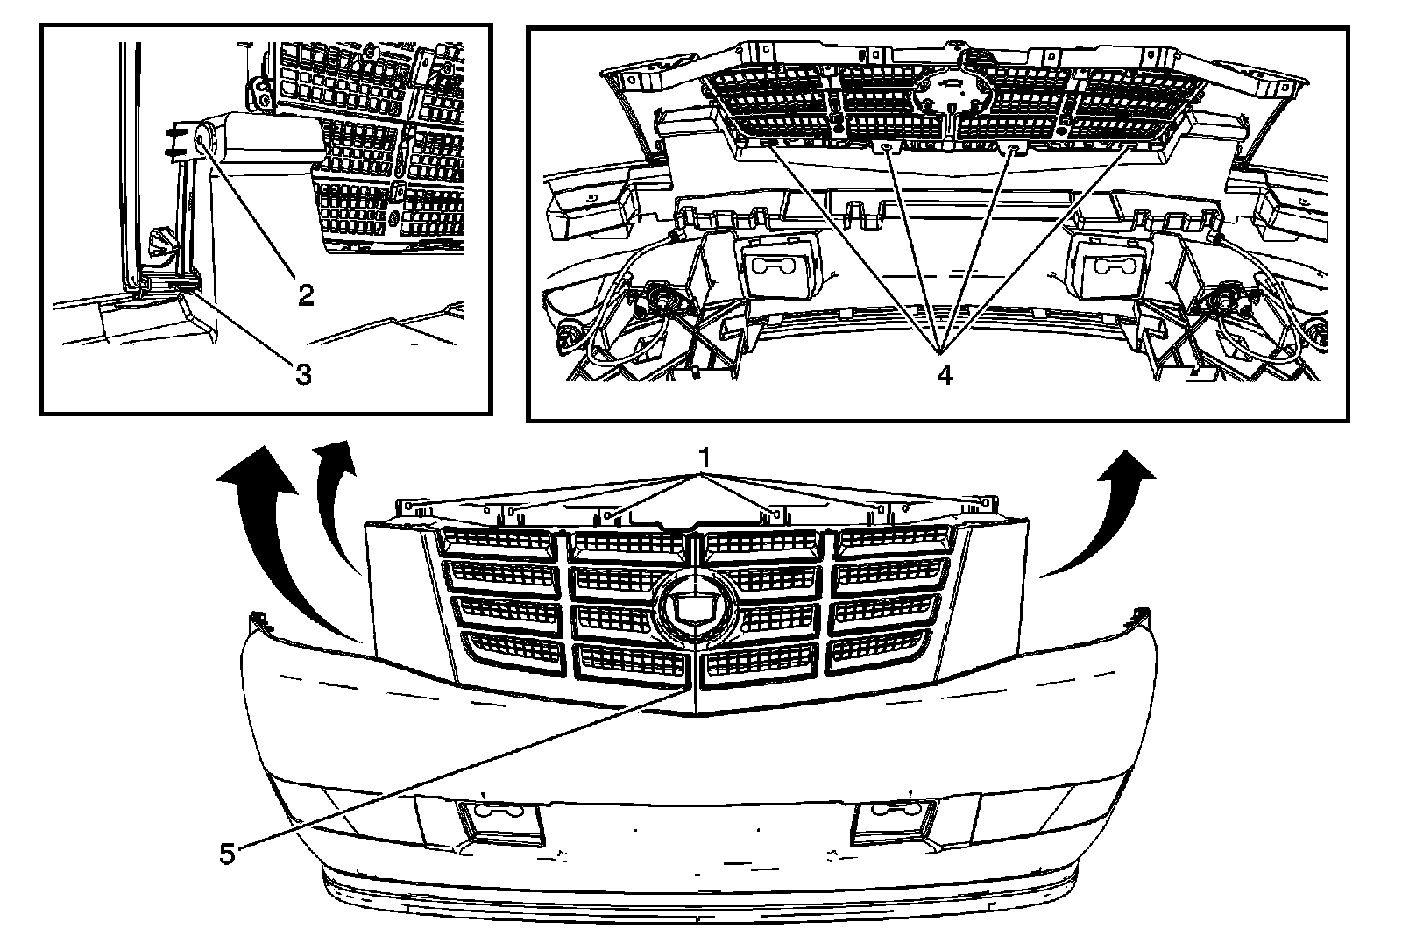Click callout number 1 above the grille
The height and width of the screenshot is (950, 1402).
(x=703, y=458)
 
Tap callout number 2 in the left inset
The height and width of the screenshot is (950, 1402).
(x=305, y=295)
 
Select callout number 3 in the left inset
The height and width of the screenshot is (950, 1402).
(x=301, y=374)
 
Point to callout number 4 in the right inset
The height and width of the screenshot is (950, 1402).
(x=943, y=374)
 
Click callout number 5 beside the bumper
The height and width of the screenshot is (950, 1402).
(x=227, y=854)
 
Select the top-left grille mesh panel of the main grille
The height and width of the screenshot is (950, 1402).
(x=498, y=542)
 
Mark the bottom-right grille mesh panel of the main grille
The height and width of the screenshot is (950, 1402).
(x=879, y=649)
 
